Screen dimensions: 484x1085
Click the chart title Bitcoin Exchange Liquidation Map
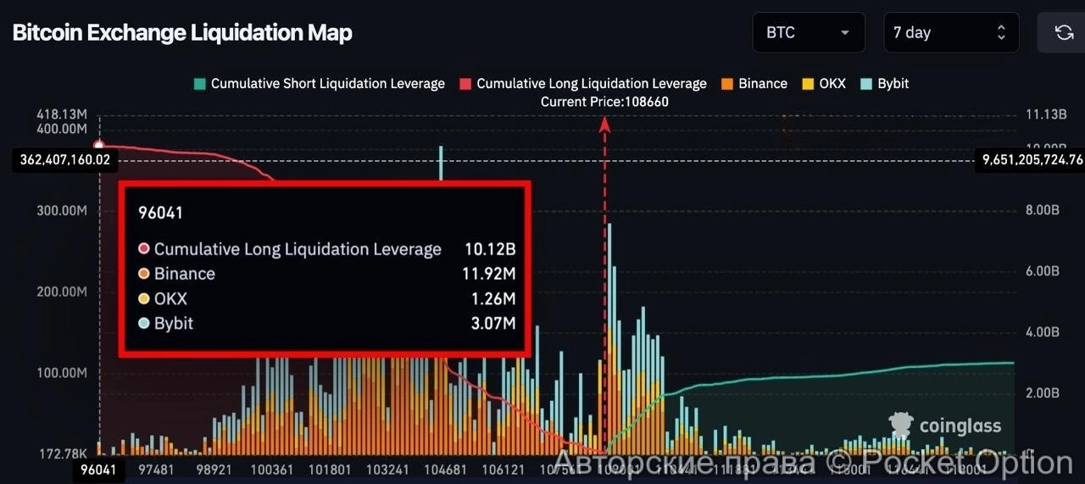point(182,33)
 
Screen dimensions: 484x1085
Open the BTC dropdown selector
point(808,33)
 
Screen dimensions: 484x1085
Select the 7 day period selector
point(950,33)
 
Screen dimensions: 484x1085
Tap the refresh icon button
point(1063,33)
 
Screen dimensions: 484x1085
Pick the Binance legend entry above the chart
point(754,84)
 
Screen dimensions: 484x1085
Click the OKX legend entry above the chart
point(824,84)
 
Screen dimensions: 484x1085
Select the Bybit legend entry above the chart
point(885,84)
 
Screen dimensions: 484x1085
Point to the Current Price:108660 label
point(604,102)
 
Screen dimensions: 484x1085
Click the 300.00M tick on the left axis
point(62,210)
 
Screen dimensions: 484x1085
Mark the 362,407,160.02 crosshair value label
point(64,159)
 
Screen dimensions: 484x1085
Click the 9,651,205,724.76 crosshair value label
point(1032,159)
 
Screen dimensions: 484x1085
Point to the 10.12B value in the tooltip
point(490,249)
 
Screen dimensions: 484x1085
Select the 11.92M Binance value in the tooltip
point(490,274)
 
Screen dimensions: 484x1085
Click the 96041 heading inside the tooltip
point(160,213)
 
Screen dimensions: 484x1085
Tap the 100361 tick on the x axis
point(273,469)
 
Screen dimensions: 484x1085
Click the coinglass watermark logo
point(944,426)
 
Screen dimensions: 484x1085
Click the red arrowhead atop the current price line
point(604,124)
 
